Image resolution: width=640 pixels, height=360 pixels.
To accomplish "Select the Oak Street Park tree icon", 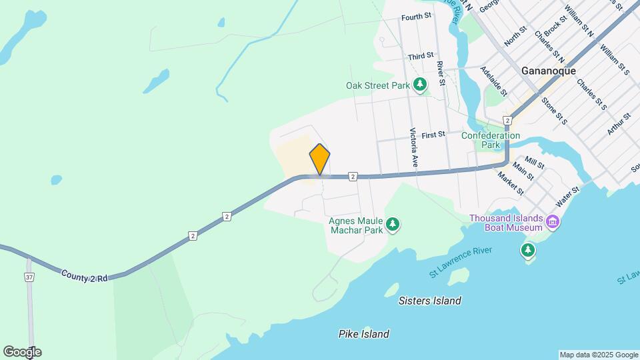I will (x=420, y=85).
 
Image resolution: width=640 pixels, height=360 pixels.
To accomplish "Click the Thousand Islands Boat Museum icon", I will (x=553, y=221).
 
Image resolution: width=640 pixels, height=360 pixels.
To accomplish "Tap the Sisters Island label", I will (x=429, y=301).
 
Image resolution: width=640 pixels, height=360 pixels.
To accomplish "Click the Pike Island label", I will (x=363, y=334).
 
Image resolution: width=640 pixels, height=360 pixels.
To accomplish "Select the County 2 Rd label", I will (x=84, y=275).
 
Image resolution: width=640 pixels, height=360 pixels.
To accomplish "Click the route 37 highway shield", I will (x=29, y=277).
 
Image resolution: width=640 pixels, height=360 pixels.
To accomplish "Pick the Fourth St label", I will (x=417, y=17).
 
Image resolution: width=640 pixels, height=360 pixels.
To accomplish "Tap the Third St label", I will (x=421, y=57).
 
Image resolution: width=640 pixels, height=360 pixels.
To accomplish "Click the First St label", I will (x=433, y=135).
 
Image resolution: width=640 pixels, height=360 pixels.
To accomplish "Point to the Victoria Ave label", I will (x=414, y=147).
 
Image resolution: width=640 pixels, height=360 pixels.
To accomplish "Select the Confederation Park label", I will (x=491, y=140).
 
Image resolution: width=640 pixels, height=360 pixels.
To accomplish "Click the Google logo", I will (x=22, y=352).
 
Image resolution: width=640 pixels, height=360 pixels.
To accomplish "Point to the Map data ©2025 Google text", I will (x=598, y=355).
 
